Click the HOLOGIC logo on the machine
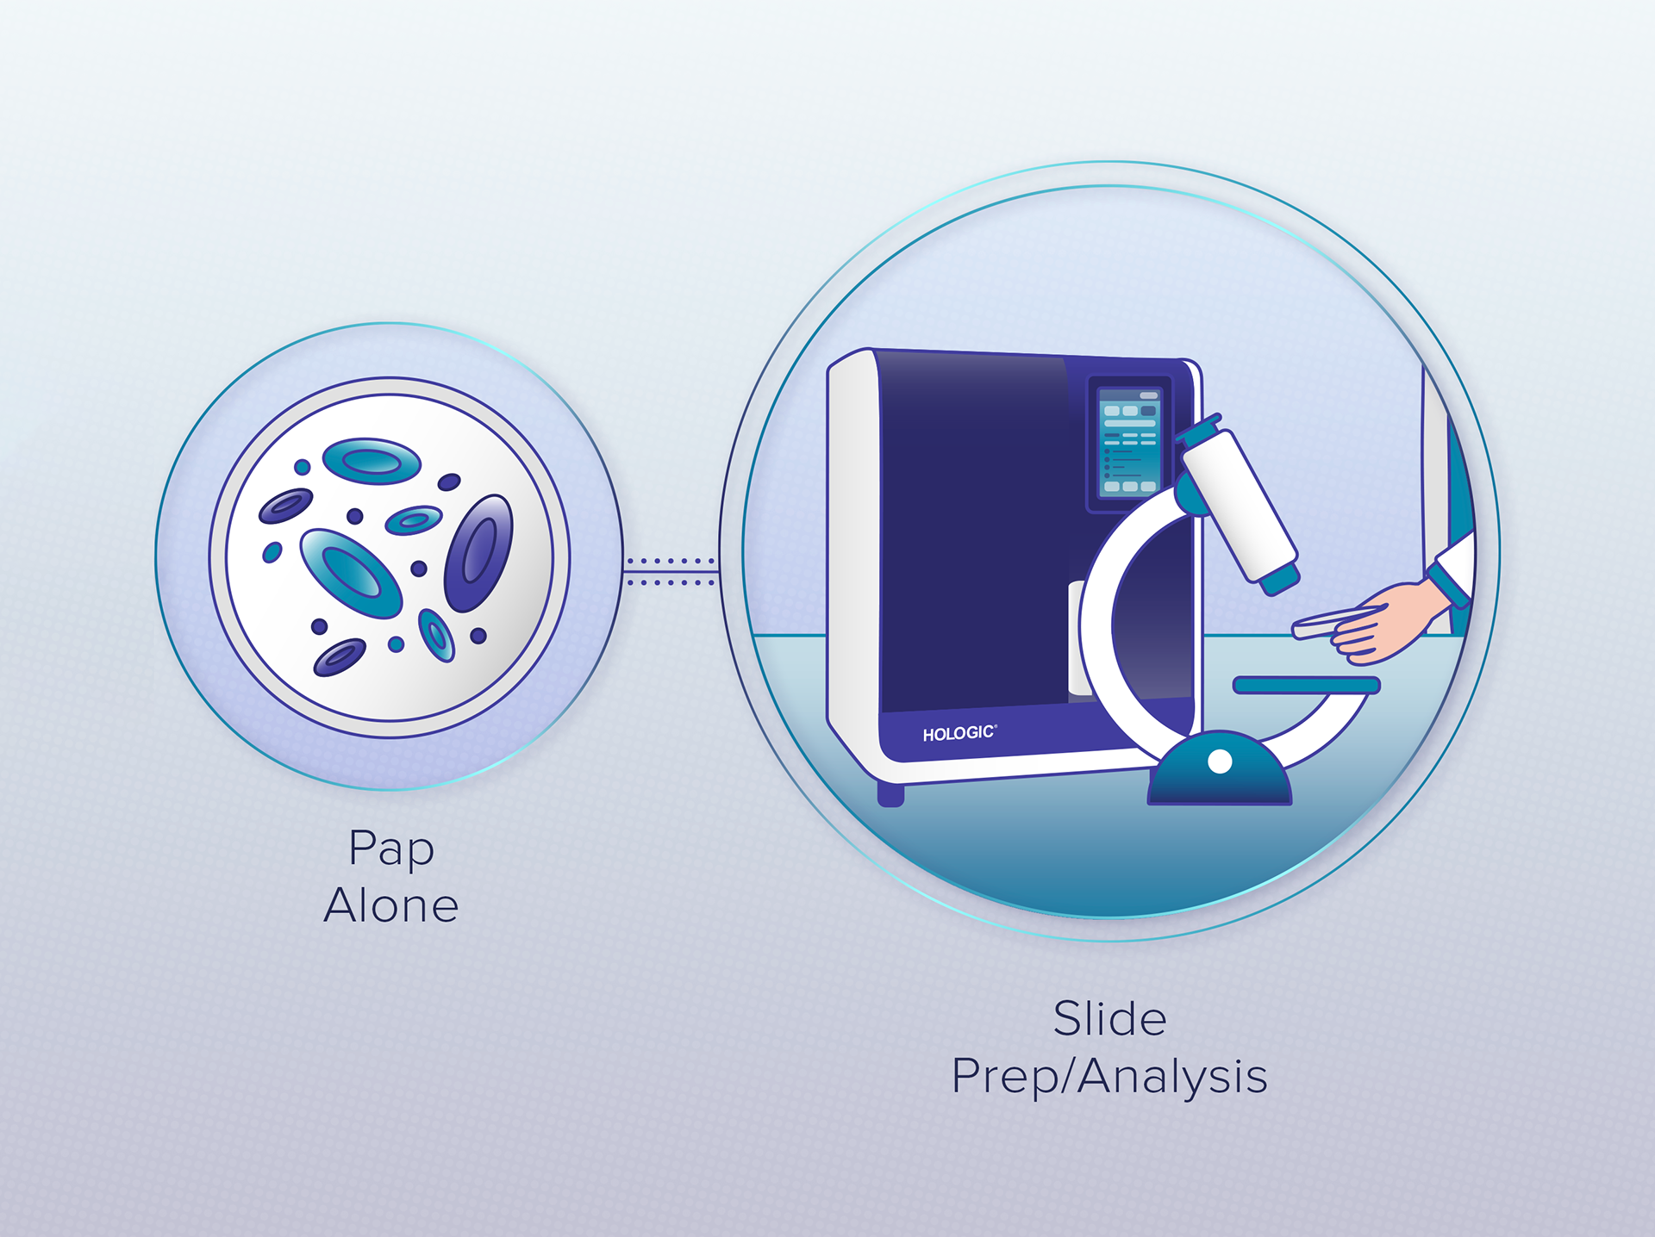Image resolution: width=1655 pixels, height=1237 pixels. tap(959, 733)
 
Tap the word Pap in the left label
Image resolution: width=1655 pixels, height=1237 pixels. tap(390, 848)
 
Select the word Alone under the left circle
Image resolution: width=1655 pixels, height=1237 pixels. tap(390, 905)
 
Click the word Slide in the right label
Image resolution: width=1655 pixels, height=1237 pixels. tap(1109, 1019)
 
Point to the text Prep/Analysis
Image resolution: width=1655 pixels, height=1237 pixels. tap(1109, 1077)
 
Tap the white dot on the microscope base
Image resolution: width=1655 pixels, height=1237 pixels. tap(1220, 761)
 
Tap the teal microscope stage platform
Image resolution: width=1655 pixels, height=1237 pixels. tap(1306, 685)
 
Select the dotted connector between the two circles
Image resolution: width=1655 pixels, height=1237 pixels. tap(671, 572)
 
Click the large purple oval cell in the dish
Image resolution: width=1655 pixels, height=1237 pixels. tap(478, 553)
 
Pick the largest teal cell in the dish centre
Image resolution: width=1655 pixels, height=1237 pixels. tap(351, 572)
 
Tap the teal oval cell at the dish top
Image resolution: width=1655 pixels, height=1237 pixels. tap(372, 461)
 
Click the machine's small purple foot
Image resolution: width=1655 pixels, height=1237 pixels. tap(890, 793)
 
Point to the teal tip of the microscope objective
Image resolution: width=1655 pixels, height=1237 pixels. tap(1280, 579)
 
